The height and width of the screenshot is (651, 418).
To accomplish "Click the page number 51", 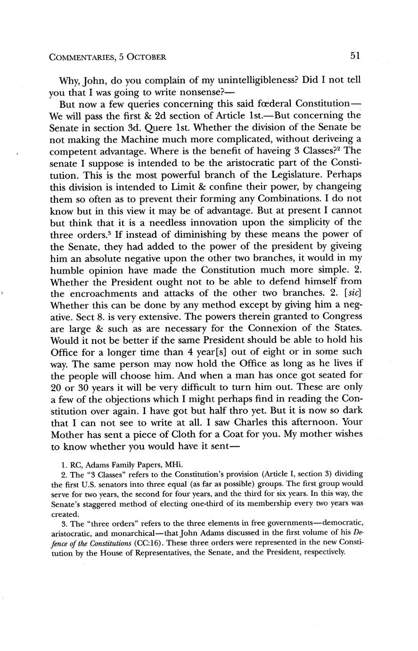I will tap(355, 56).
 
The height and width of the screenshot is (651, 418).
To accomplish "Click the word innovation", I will tap(205, 222).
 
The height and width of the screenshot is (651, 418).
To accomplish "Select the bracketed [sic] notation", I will tap(349, 292).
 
